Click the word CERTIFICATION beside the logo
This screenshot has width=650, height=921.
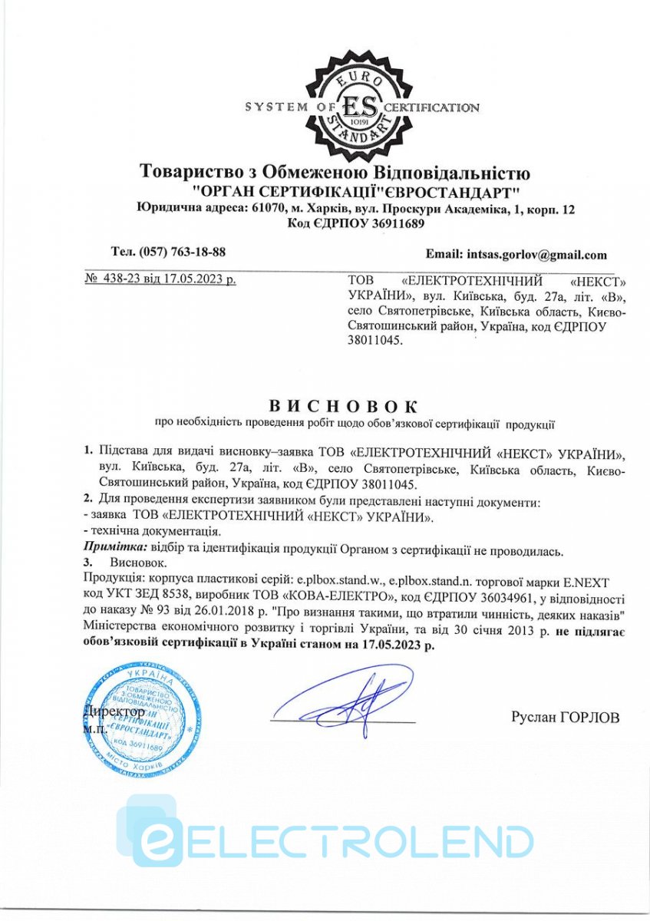[431, 107]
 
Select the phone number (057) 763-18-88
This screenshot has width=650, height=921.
[181, 253]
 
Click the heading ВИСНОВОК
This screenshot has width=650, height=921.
[344, 405]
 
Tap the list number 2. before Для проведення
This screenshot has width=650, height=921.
[87, 502]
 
